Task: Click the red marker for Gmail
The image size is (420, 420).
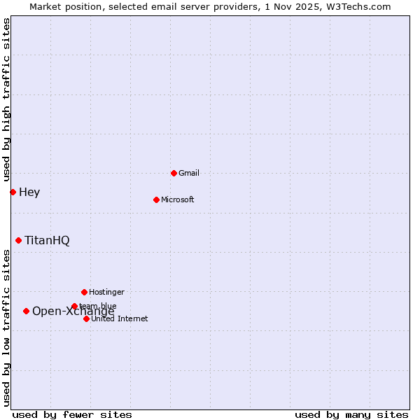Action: click(174, 173)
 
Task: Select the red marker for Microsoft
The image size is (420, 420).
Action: click(156, 199)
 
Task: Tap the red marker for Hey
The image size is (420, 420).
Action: click(13, 192)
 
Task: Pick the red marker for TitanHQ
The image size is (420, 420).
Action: click(18, 240)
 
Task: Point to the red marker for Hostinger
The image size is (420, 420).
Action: click(84, 292)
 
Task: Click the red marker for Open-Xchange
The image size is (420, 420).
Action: click(26, 311)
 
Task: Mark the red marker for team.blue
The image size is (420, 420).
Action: click(74, 306)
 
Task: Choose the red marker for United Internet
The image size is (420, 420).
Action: click(86, 318)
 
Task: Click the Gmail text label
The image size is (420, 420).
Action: click(189, 173)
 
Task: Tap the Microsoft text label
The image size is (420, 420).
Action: click(178, 199)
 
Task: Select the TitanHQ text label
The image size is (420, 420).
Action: click(47, 240)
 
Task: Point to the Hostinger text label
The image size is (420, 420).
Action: click(106, 292)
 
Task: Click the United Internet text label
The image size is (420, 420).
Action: click(120, 318)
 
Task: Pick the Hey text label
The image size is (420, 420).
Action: click(29, 192)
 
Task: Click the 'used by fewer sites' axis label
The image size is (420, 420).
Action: click(72, 414)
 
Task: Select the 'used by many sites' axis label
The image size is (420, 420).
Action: click(351, 414)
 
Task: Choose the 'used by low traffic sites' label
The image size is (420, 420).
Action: click(6, 328)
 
